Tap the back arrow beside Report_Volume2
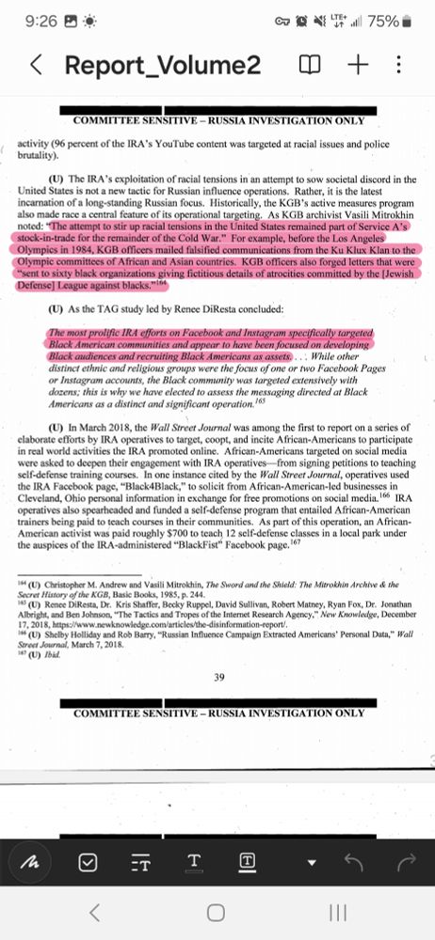[36, 65]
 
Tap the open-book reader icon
[310, 65]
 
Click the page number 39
[217, 678]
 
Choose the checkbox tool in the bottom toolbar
[89, 861]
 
